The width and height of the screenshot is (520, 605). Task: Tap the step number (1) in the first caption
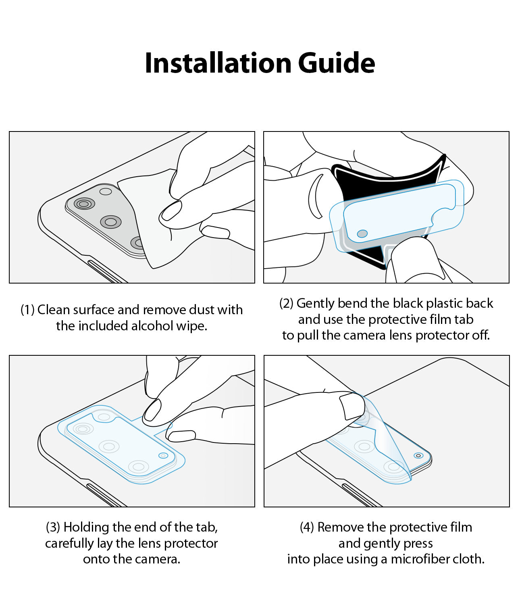click(27, 310)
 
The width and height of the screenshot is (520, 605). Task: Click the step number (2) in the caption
click(286, 303)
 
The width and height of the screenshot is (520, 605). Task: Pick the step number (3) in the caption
click(53, 527)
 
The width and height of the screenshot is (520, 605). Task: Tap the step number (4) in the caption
click(307, 527)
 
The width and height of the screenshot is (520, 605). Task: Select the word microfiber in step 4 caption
click(418, 559)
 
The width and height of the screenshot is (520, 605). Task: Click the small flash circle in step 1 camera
click(106, 192)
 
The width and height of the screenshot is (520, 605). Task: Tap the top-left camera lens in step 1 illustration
click(84, 204)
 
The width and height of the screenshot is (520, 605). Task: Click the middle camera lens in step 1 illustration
click(111, 221)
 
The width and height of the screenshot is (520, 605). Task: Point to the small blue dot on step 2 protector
click(362, 234)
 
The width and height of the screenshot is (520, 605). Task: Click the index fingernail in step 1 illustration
click(171, 211)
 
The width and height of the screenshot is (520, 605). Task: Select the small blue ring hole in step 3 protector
click(163, 455)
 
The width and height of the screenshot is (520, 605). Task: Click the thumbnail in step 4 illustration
click(352, 405)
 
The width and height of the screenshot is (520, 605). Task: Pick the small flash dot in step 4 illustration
click(418, 455)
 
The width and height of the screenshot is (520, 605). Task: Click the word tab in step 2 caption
click(464, 319)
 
